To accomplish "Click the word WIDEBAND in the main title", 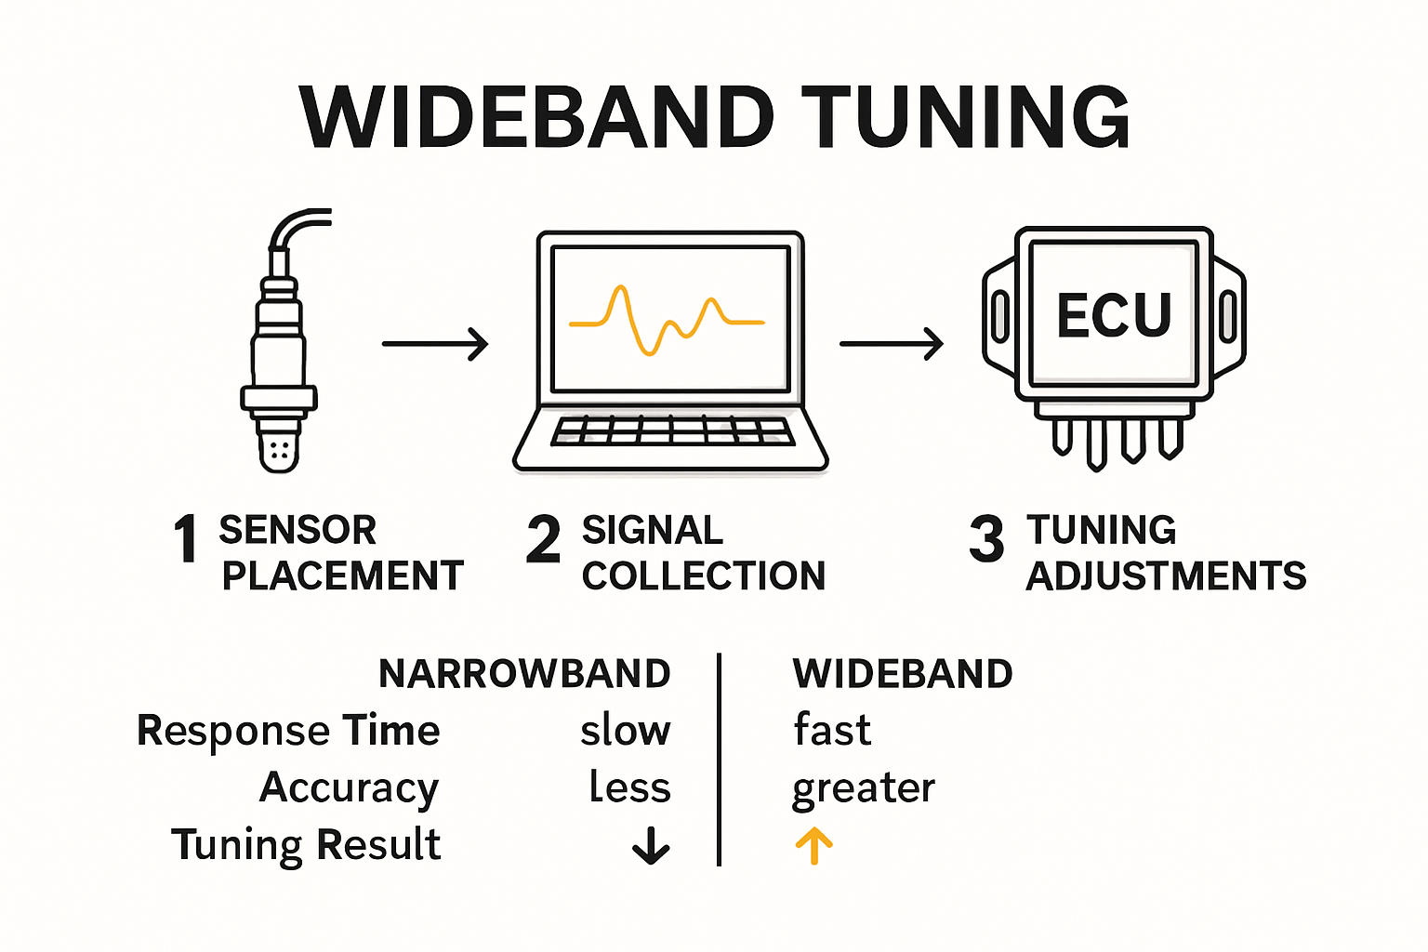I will tap(536, 118).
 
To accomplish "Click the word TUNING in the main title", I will tap(966, 118).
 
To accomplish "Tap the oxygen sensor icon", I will tap(279, 353).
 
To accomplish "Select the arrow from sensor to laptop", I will tap(435, 344).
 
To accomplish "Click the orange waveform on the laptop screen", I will tap(667, 320).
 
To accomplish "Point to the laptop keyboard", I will tap(671, 431).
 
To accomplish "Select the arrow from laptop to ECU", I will tap(892, 344).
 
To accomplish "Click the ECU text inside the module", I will tap(1114, 316).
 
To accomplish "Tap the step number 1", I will tap(186, 539).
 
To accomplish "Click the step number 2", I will tap(543, 539).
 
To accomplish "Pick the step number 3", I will tap(986, 539).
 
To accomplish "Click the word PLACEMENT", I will tap(342, 576).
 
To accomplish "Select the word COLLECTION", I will tap(704, 576).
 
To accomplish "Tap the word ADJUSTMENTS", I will tap(1166, 576).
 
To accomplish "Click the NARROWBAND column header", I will tap(524, 674).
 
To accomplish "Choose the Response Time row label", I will tap(288, 731).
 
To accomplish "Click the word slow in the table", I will tap(625, 731).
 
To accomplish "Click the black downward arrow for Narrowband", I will tap(651, 845).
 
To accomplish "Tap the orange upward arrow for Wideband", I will tap(813, 846).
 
